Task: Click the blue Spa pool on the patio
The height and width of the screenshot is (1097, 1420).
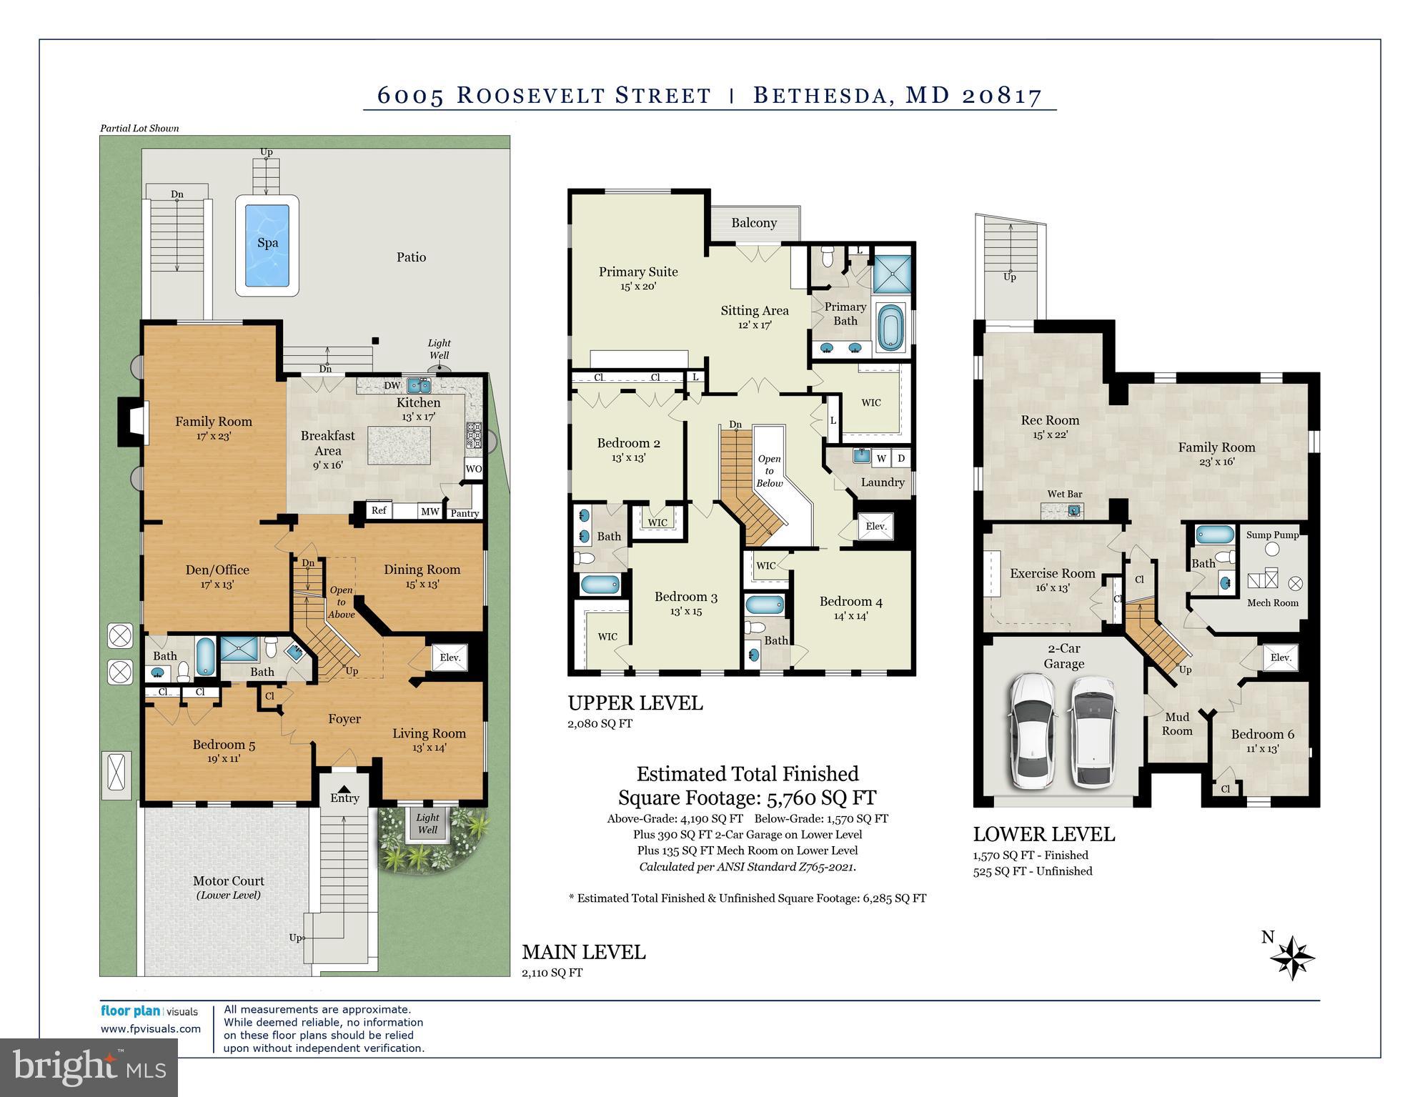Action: click(x=267, y=245)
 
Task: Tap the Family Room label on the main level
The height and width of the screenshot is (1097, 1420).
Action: click(x=214, y=422)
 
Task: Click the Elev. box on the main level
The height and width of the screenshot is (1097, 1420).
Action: click(x=450, y=657)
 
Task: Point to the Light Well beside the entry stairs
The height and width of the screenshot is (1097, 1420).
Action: click(x=427, y=823)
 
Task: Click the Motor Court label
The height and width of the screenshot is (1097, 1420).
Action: click(x=229, y=881)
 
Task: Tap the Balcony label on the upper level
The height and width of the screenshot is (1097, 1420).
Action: click(x=754, y=223)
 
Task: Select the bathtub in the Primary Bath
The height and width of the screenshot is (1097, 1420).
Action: click(x=890, y=327)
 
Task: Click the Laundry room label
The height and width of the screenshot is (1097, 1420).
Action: click(x=883, y=482)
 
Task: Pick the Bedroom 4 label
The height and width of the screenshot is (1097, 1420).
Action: click(x=850, y=602)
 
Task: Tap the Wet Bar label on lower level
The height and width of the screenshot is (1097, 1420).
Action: click(x=1065, y=494)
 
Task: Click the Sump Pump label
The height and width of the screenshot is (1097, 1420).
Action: click(x=1272, y=535)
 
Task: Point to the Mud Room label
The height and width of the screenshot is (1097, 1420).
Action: click(x=1177, y=723)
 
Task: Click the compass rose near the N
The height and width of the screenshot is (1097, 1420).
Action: click(x=1293, y=958)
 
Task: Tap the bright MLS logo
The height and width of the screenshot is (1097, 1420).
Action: click(x=89, y=1068)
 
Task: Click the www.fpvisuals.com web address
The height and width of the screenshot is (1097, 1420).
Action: click(x=151, y=1029)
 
